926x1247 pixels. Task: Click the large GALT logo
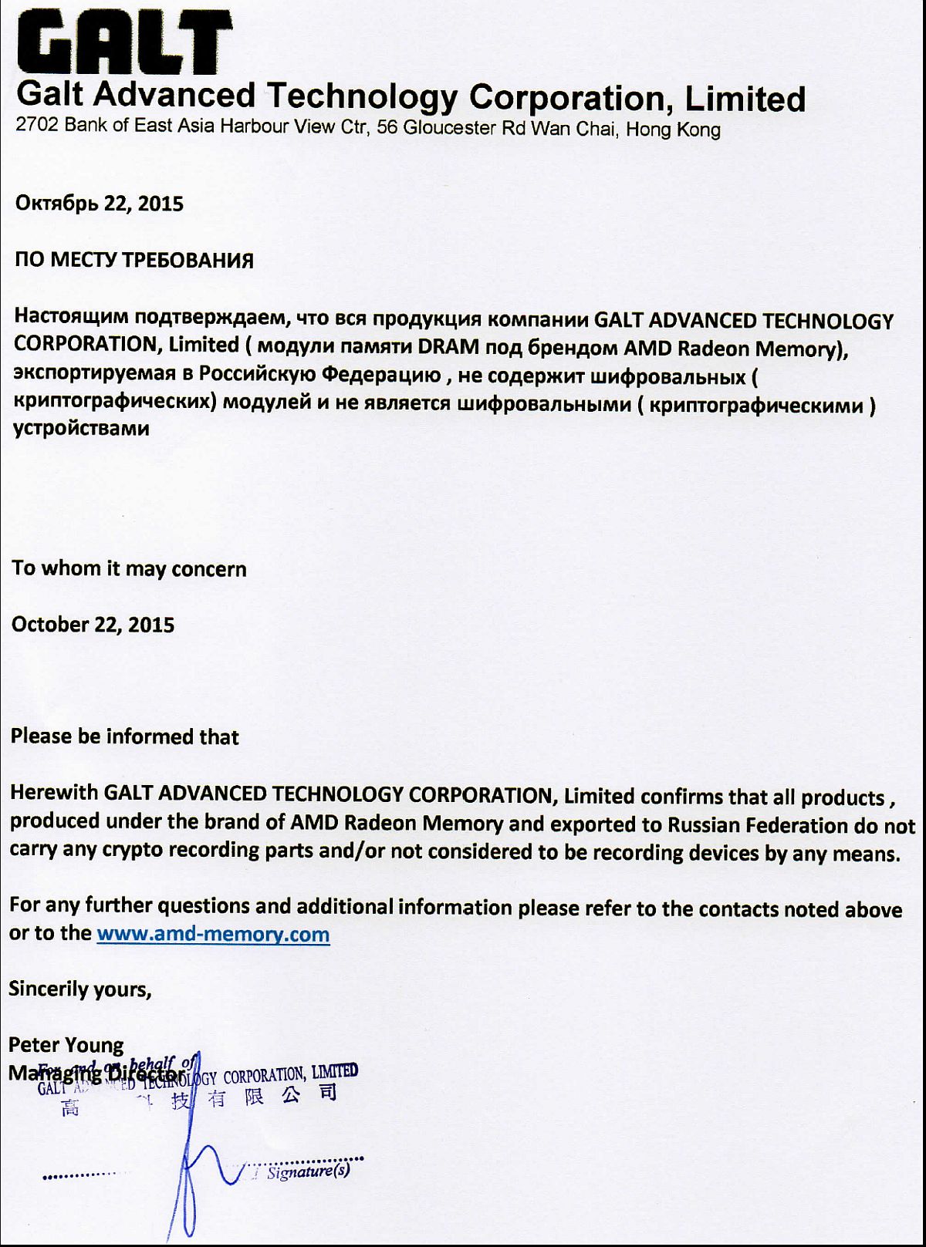click(124, 42)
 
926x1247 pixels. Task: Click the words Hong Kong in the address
click(673, 129)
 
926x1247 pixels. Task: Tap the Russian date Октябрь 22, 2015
click(100, 204)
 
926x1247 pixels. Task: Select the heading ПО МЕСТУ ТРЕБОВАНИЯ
click(133, 260)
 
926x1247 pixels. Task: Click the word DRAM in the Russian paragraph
click(448, 346)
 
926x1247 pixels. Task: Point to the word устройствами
click(81, 428)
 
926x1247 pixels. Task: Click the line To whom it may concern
click(129, 568)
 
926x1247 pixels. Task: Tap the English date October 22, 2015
click(93, 624)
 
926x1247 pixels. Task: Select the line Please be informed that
click(124, 736)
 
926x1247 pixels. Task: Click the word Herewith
click(53, 793)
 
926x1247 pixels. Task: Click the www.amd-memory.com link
click(213, 934)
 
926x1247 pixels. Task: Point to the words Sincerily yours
click(79, 989)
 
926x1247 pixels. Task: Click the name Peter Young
click(66, 1045)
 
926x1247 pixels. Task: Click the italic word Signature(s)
click(308, 1171)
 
